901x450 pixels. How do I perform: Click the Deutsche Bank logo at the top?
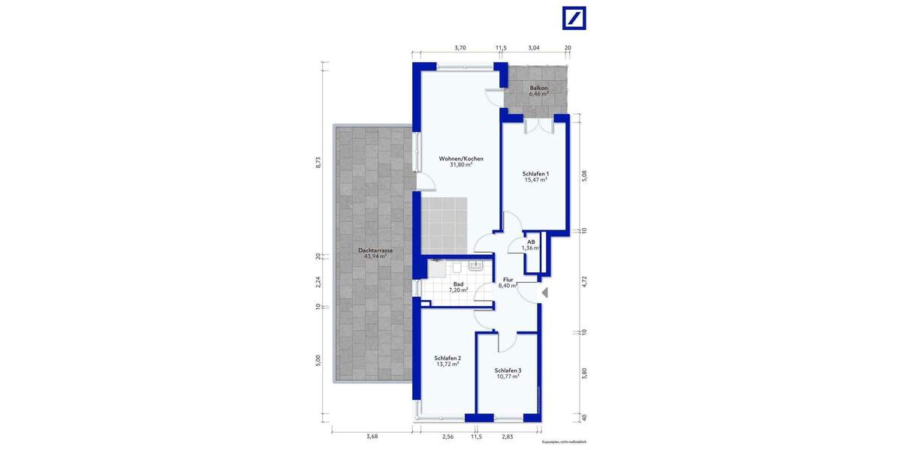tap(574, 19)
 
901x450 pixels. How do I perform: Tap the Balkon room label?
tap(538, 88)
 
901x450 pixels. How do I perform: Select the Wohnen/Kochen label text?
tap(461, 159)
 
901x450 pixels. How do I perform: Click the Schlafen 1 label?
tap(535, 173)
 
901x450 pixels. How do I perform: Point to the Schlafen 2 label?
tap(447, 358)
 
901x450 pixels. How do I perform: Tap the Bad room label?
tap(458, 284)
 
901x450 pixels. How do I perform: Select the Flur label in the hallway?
tap(508, 279)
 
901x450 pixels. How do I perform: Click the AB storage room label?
tap(531, 242)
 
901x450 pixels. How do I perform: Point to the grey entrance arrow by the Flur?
tap(546, 293)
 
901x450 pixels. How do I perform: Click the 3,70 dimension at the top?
tap(460, 47)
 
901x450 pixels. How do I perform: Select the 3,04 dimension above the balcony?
tap(533, 47)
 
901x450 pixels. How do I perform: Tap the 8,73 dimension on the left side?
tap(318, 162)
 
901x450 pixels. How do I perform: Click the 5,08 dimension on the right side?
tap(585, 175)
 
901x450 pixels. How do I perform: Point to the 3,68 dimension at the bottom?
tap(372, 436)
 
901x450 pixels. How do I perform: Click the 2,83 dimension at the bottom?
tap(508, 436)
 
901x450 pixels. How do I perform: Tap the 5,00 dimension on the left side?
tap(318, 360)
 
